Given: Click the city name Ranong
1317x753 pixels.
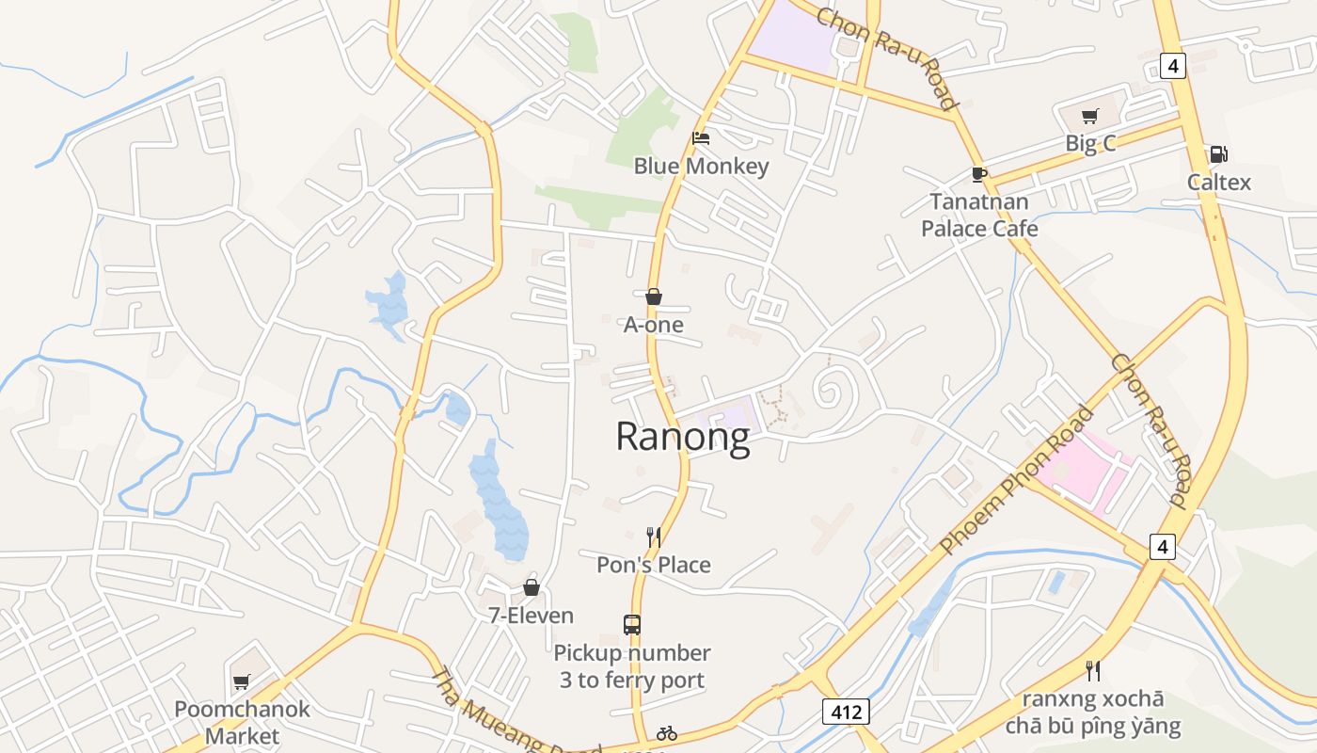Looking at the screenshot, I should (x=683, y=437).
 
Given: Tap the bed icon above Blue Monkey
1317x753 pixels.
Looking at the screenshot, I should (x=701, y=137).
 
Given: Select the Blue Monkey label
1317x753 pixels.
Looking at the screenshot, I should (x=701, y=167).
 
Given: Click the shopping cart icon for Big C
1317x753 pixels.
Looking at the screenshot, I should (x=1089, y=117).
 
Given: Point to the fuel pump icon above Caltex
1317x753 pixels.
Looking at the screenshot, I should (x=1218, y=154).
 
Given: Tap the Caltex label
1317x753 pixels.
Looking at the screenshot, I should (x=1218, y=182).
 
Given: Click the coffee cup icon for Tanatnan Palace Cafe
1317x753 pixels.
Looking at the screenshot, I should (x=979, y=174).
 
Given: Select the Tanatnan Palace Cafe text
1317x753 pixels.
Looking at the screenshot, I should (x=979, y=215).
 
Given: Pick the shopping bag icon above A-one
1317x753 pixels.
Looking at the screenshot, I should (x=654, y=296).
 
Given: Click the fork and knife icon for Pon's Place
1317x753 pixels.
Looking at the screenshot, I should (x=654, y=537).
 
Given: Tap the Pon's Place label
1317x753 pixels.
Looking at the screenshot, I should (x=654, y=565).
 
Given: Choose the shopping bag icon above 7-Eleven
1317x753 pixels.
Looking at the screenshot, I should (x=532, y=587).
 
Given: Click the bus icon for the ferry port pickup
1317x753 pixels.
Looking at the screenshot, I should (x=632, y=624).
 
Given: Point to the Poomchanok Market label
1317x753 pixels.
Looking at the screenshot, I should (x=243, y=722).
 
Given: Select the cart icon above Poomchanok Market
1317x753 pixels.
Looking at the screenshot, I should (x=242, y=681).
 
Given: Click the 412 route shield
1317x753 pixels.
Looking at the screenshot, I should (x=846, y=712).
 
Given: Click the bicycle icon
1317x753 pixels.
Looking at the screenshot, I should (x=667, y=733).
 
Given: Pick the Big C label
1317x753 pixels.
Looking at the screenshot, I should (x=1090, y=144).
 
